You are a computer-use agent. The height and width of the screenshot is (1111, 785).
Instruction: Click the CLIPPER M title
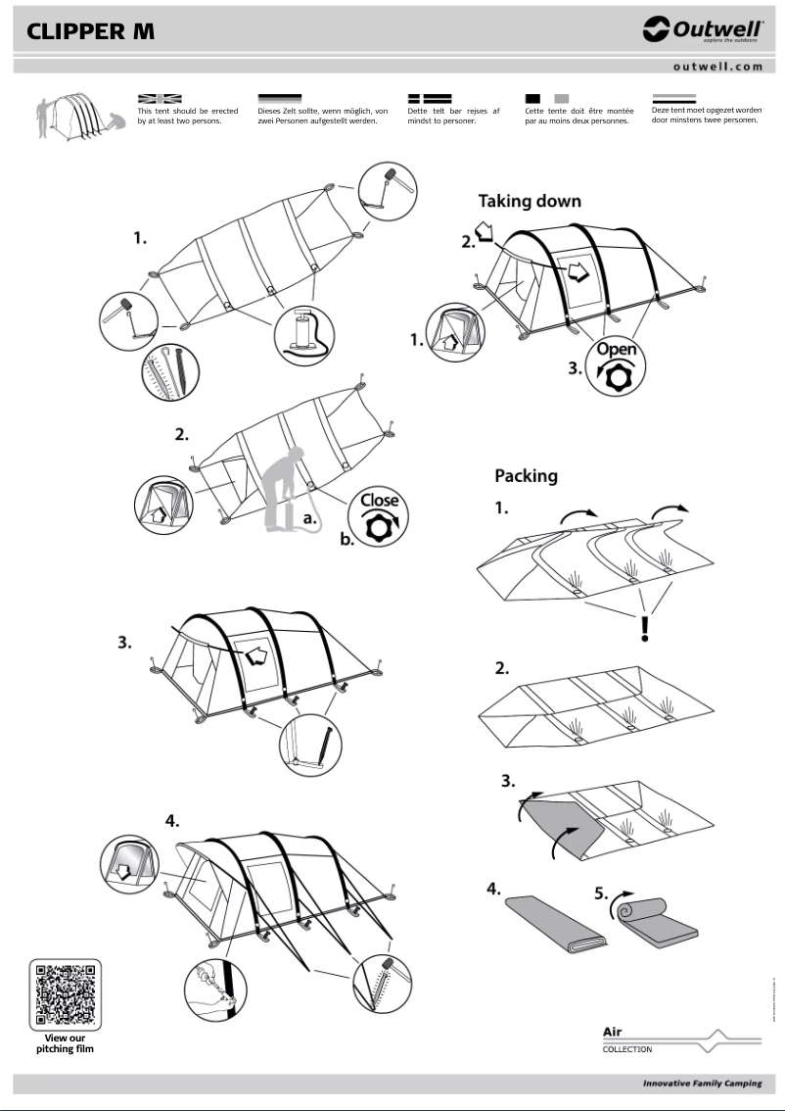point(90,31)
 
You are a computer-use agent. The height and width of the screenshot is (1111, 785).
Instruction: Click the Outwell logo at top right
point(703,31)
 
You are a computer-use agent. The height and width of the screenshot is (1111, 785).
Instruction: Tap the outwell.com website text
point(717,67)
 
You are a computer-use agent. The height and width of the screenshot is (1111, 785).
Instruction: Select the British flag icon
point(160,98)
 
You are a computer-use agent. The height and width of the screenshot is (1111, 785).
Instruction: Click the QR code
point(66,993)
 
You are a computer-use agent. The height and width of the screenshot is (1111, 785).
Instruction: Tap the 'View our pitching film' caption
point(66,1043)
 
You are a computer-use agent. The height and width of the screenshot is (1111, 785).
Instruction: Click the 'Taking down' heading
point(529,201)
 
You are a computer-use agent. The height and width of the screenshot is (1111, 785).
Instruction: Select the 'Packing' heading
point(526,476)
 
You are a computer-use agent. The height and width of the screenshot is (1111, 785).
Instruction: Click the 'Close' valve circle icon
point(379,514)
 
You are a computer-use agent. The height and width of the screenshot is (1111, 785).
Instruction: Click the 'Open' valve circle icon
point(616,366)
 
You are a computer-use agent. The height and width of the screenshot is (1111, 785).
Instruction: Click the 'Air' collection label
point(613,1032)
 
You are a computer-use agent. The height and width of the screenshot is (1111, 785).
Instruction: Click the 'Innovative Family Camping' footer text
point(702,1084)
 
